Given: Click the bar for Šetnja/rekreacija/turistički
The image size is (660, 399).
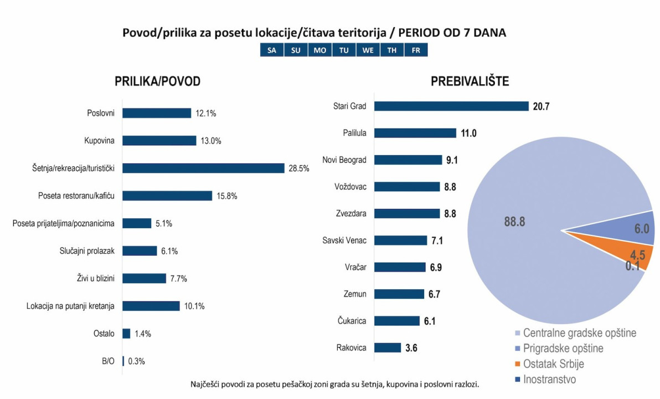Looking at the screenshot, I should [x=203, y=168].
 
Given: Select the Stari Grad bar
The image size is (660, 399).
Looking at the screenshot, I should [x=451, y=106].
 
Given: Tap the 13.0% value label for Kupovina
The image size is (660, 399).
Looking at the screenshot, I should [x=210, y=141].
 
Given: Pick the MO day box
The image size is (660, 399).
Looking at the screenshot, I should [x=320, y=50].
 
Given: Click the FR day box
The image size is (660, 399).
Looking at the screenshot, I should [x=416, y=50].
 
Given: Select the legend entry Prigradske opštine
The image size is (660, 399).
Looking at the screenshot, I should [x=563, y=349].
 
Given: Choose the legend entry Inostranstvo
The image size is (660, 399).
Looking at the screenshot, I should [x=549, y=380].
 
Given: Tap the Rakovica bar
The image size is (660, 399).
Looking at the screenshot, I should [x=388, y=347].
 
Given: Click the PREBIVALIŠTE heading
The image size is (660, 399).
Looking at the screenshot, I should [x=470, y=81].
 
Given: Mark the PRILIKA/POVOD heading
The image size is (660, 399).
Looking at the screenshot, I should [x=157, y=81].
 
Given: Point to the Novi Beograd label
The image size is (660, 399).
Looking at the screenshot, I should [x=344, y=160].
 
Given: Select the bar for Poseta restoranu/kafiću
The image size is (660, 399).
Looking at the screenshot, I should [x=167, y=196].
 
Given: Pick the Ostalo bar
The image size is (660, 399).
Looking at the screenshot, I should [x=126, y=334].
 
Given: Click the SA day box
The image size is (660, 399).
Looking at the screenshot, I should [x=272, y=50].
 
